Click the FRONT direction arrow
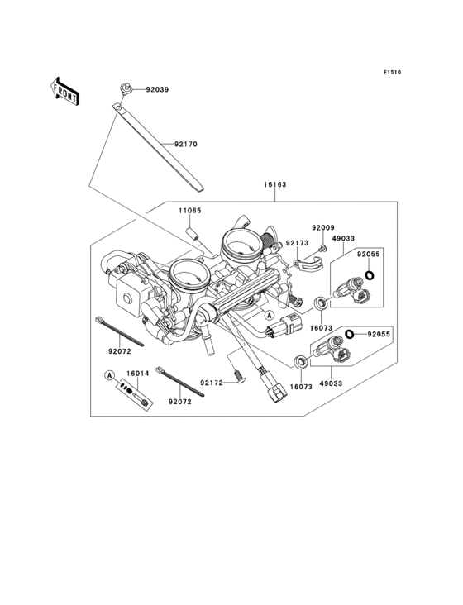coord(64,91)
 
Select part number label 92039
coord(157,89)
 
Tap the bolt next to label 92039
coord(126,89)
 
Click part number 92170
coord(185,145)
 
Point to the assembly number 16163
coord(275,184)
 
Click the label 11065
coord(190,211)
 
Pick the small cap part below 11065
coord(193,234)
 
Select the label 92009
coord(323,227)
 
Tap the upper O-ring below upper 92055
coord(370,275)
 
